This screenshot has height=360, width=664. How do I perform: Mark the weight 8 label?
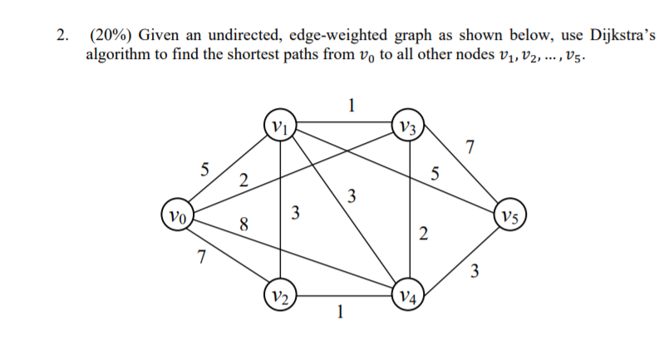243,222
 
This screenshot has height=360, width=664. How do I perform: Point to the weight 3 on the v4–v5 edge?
474,270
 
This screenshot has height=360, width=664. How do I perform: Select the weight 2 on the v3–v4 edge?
424,234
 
